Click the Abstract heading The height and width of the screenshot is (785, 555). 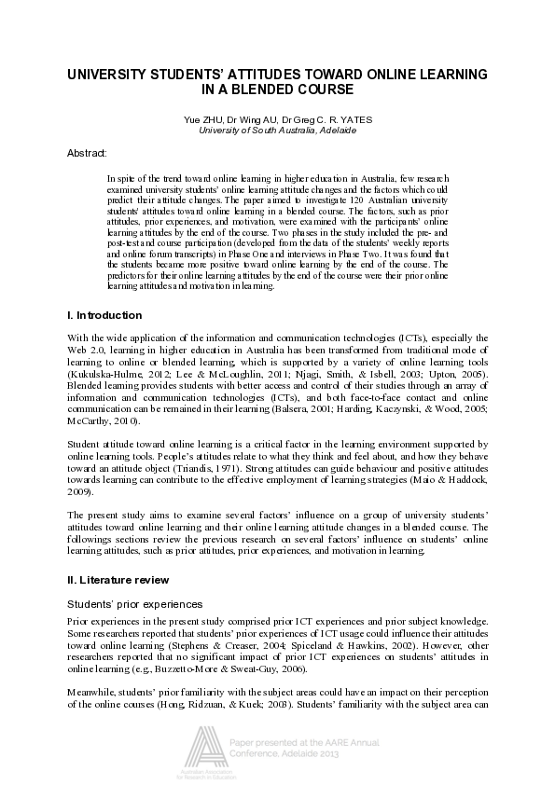[88, 152]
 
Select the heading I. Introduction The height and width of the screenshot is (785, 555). [105, 315]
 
